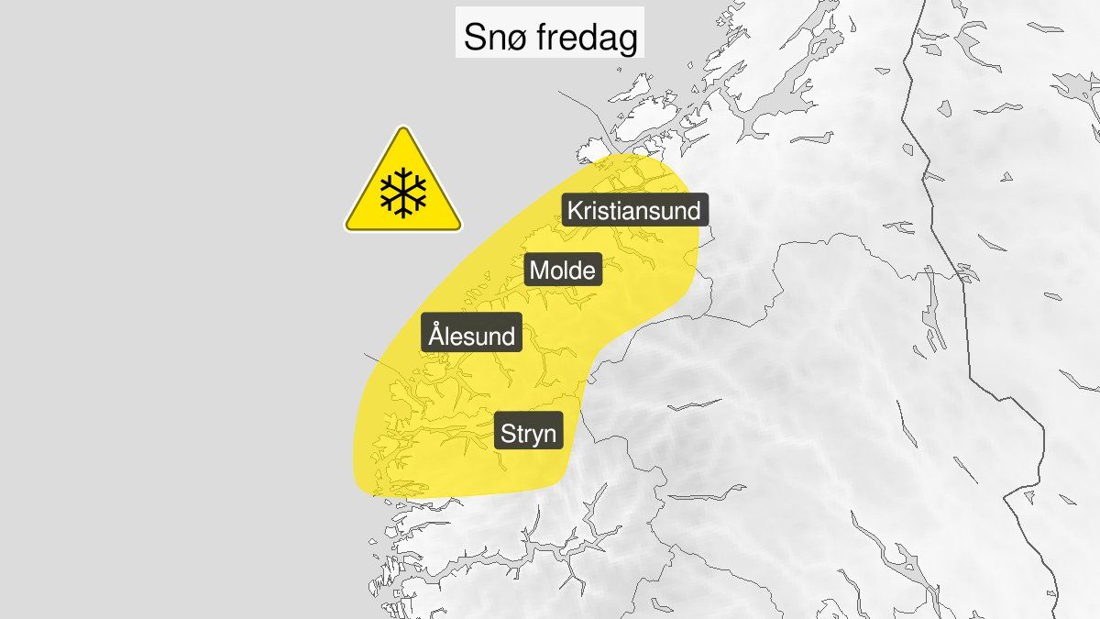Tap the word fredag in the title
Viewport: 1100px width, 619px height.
pos(589,38)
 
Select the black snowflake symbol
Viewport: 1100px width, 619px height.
pos(403,192)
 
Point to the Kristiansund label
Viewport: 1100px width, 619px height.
pos(633,211)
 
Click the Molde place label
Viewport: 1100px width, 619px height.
pos(563,271)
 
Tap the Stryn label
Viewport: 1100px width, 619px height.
pos(528,432)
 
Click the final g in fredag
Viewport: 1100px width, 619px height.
pos(627,42)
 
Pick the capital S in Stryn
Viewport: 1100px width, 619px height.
pos(507,432)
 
